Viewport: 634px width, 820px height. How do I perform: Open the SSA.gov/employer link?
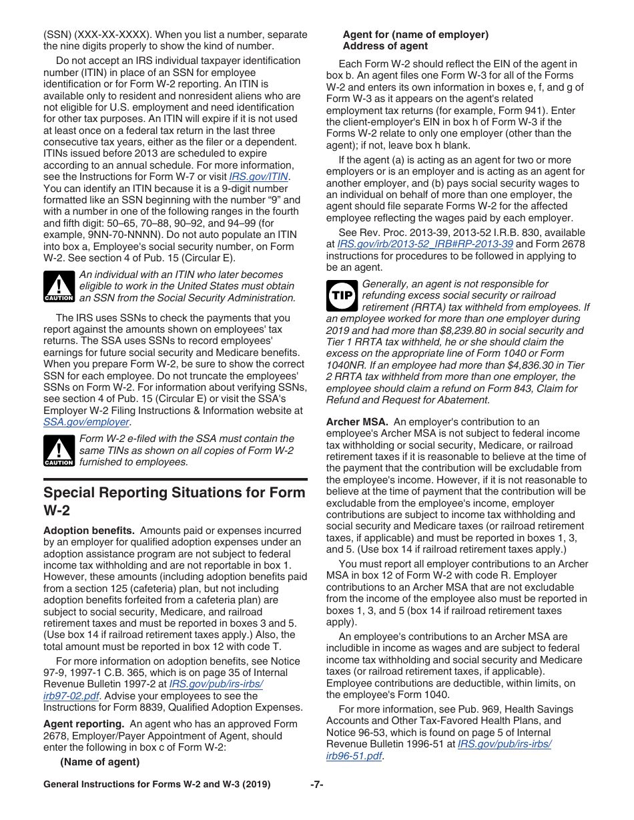point(86,422)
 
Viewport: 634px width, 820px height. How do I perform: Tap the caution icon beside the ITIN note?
point(59,287)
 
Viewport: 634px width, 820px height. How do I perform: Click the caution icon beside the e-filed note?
point(59,451)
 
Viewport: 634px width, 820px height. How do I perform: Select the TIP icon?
point(342,296)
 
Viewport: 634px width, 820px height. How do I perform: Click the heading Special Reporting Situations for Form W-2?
point(174,501)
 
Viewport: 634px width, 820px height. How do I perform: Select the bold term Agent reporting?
point(83,724)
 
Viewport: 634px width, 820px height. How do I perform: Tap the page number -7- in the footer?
point(316,785)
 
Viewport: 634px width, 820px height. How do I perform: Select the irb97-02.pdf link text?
point(71,696)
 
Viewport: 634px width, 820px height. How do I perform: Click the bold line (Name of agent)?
point(99,762)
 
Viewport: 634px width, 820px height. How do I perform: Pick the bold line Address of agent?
point(385,46)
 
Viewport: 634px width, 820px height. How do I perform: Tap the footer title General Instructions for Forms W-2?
point(157,785)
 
